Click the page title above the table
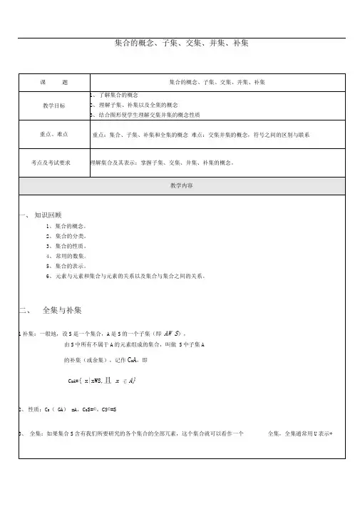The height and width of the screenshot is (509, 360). tap(181, 44)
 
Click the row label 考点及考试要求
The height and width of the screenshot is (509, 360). tap(51, 163)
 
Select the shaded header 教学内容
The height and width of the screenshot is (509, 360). tap(181, 185)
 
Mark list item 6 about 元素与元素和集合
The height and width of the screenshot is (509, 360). tap(125, 275)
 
